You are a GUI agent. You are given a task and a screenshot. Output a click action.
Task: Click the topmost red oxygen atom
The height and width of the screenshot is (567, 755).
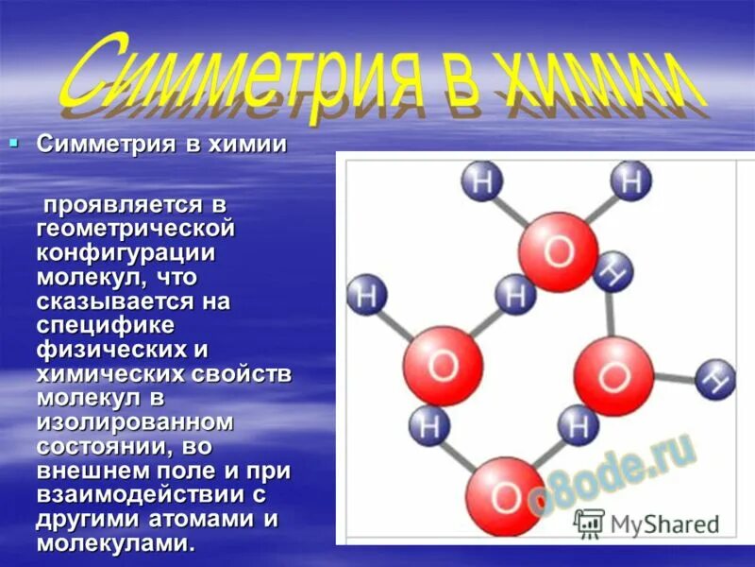[558, 251]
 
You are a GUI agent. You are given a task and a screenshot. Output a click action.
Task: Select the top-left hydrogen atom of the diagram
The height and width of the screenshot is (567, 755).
[482, 180]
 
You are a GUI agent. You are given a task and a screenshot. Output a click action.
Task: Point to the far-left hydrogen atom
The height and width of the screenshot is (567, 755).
[367, 295]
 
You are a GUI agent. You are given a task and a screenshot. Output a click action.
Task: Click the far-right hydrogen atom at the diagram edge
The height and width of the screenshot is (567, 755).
[716, 380]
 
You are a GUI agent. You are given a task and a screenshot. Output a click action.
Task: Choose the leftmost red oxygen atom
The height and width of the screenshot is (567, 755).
[443, 365]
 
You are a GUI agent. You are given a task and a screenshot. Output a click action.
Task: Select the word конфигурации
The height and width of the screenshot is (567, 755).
[126, 253]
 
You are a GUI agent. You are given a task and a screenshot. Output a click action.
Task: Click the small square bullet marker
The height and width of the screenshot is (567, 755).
[13, 144]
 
